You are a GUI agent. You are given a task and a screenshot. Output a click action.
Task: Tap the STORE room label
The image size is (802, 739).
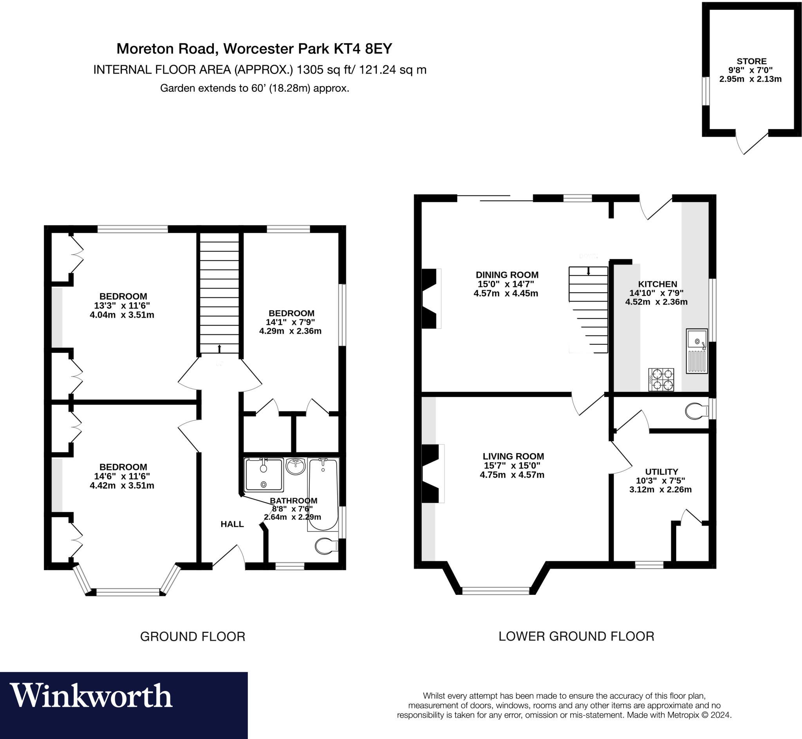click(x=751, y=61)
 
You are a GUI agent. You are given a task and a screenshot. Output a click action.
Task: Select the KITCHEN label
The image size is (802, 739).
click(x=657, y=284)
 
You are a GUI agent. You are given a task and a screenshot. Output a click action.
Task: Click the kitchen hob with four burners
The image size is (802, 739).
click(x=661, y=379)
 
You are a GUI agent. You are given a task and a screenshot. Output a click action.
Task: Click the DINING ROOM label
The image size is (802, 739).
click(x=507, y=275)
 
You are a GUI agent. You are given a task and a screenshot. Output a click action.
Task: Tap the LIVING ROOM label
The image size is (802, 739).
click(x=513, y=456)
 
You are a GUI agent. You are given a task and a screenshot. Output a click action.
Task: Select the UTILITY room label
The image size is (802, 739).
click(x=661, y=472)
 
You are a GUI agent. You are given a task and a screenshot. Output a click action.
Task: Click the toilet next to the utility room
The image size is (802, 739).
click(x=695, y=411)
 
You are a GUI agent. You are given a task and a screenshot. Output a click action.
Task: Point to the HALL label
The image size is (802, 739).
click(x=232, y=524)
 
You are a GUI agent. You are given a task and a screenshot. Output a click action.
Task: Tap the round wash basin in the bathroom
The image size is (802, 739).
click(x=295, y=466)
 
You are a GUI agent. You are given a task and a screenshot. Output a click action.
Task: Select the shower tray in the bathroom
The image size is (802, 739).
click(x=264, y=475)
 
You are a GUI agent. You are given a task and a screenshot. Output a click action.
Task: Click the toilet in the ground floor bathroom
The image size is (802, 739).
click(x=325, y=546)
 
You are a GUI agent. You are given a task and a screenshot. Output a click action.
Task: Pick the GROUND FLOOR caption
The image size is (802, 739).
click(x=192, y=637)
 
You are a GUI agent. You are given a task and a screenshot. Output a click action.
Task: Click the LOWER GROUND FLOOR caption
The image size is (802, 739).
click(x=576, y=636)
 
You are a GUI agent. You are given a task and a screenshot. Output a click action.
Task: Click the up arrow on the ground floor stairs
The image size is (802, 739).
click(x=219, y=348)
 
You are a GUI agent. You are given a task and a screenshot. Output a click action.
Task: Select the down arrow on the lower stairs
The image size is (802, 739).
click(x=588, y=271)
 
